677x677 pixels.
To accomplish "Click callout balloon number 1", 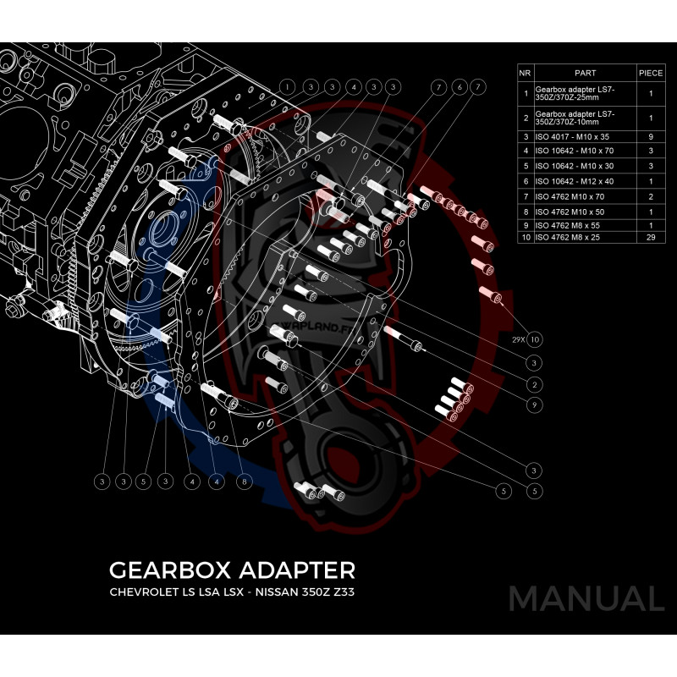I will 289,86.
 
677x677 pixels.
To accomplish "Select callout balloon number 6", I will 458,86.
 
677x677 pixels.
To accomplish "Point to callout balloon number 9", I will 533,405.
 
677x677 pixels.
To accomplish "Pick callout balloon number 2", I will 533,384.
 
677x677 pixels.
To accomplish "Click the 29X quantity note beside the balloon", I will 518,339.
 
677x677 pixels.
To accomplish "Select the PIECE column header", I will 650,74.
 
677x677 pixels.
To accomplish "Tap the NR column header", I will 525,74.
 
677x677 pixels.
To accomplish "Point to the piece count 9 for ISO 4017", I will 650,135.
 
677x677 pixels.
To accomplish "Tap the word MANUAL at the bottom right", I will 586,598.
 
